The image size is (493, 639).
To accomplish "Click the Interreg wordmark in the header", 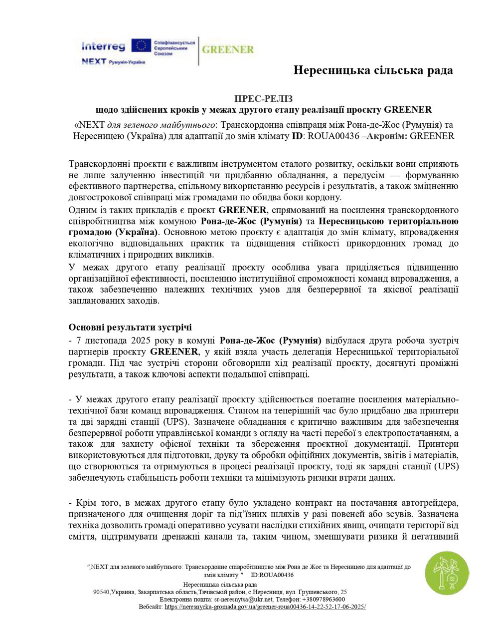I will [x=103, y=46].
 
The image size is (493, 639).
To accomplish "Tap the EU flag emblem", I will [x=141, y=46].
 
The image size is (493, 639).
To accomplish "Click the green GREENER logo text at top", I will [x=228, y=50].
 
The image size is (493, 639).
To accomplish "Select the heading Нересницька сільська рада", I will [x=373, y=70].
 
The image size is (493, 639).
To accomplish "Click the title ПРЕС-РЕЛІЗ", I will [x=264, y=98].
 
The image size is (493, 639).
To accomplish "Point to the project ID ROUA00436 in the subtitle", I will [x=334, y=136].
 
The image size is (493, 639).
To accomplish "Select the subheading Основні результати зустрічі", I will [x=130, y=327].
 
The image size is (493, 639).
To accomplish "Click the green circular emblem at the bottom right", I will [x=447, y=573].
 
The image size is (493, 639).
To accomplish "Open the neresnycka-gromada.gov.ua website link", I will [x=265, y=607].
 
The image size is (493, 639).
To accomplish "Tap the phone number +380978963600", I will [x=323, y=599].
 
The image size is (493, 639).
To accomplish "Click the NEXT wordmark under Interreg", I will [x=94, y=61].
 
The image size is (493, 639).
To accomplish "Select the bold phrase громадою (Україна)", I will [x=113, y=232].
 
